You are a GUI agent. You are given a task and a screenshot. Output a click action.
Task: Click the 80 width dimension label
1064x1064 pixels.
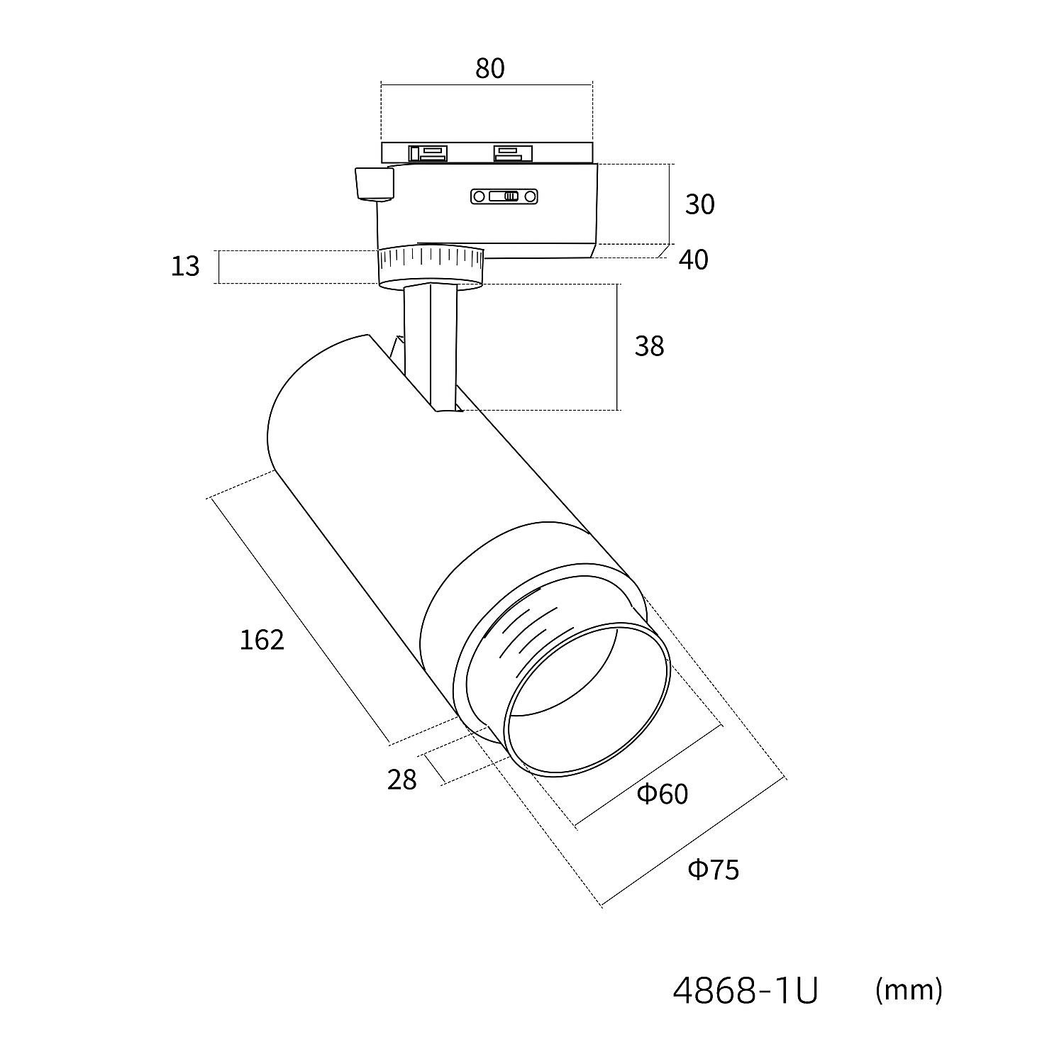pos(489,69)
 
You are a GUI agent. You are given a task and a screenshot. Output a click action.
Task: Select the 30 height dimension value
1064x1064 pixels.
pos(699,204)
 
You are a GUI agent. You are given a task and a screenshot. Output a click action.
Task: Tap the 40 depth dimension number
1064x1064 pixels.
pos(693,260)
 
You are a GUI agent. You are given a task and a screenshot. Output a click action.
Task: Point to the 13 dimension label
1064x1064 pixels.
pos(185,267)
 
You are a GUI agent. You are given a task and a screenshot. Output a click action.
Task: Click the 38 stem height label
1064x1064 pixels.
pos(649,346)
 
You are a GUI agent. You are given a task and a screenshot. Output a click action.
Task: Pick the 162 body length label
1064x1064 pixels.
pos(262,641)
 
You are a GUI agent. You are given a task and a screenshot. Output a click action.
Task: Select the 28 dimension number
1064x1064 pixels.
pos(401,780)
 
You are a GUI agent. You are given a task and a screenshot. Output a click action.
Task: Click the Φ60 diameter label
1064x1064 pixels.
pos(663,794)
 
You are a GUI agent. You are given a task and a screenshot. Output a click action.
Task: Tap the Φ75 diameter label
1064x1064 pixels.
pos(714,869)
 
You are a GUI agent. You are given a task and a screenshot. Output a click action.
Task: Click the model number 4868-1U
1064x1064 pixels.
pos(745,991)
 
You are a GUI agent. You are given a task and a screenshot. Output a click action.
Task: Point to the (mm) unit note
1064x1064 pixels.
pos(909,989)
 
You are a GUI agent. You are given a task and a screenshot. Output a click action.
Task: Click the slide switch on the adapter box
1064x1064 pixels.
pos(504,196)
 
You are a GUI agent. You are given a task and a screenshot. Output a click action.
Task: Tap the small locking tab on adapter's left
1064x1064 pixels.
pos(374,183)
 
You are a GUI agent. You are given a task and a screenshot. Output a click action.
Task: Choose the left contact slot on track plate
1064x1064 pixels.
pos(428,153)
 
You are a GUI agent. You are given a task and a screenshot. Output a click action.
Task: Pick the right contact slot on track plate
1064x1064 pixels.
pos(512,153)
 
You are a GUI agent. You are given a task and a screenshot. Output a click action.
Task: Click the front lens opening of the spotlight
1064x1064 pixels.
pos(586,699)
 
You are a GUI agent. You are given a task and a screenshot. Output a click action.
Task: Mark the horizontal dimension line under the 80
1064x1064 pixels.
pos(487,85)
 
